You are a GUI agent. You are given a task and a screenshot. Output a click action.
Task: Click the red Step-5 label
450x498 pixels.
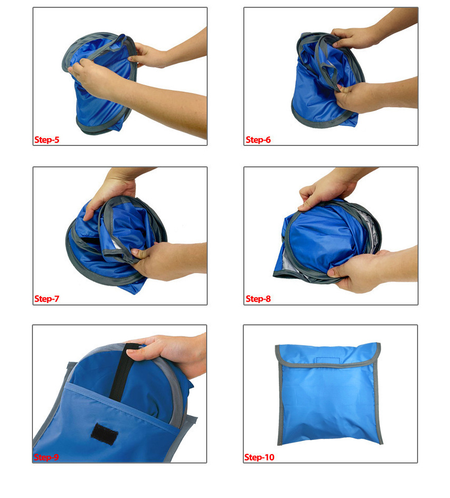click(x=47, y=140)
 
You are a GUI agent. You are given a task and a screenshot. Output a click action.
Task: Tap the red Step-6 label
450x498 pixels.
click(x=258, y=140)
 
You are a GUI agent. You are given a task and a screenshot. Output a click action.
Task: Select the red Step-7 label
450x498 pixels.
click(x=47, y=299)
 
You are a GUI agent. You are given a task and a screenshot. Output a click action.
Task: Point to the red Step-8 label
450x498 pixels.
click(x=258, y=299)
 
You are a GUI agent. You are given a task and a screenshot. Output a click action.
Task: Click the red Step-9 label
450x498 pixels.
click(x=47, y=457)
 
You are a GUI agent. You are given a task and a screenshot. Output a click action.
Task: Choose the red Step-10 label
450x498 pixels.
click(x=260, y=457)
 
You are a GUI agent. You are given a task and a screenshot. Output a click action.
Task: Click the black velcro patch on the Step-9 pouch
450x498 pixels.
click(x=104, y=434)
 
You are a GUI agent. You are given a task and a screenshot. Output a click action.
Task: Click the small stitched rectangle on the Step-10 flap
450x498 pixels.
click(x=328, y=360)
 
